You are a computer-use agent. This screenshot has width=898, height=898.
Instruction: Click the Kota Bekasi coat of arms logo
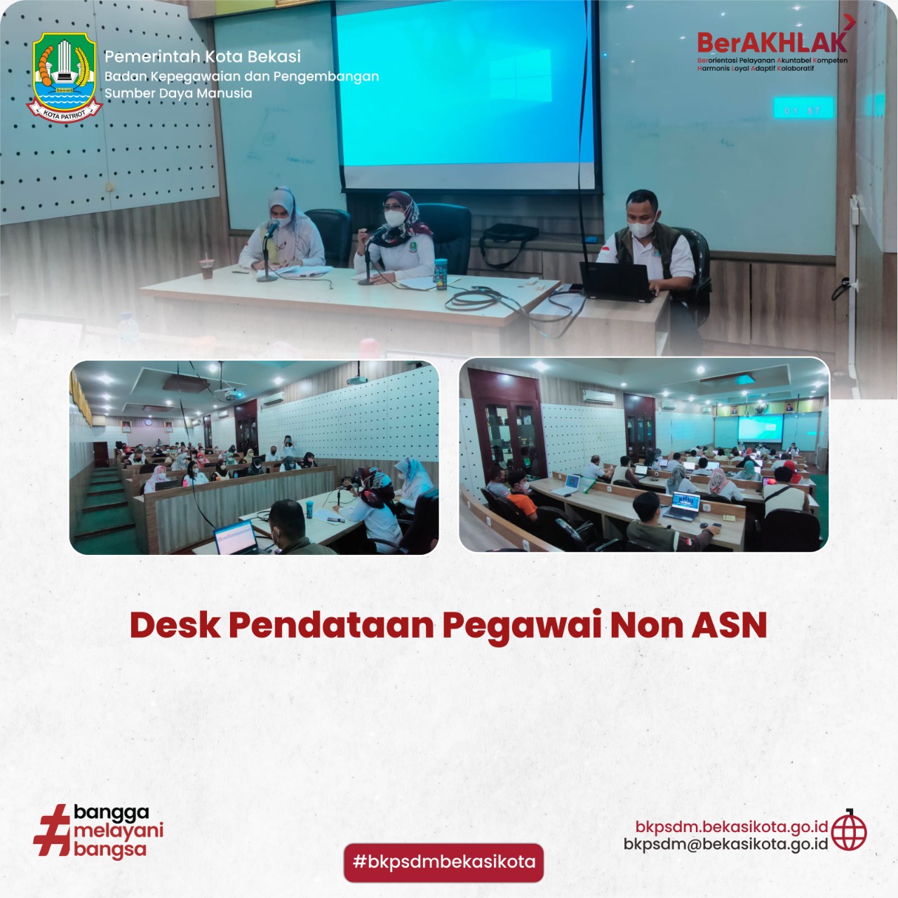pyautogui.click(x=65, y=77)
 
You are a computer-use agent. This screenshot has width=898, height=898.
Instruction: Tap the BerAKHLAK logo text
pyautogui.click(x=772, y=43)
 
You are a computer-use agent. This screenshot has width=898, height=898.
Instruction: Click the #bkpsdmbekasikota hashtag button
pyautogui.click(x=443, y=862)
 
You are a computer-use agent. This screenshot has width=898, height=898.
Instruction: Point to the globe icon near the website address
pyautogui.click(x=849, y=833)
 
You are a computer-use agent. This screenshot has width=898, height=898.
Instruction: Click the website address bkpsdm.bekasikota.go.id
pyautogui.click(x=732, y=826)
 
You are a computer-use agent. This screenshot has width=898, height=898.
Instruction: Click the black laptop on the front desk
pyautogui.click(x=616, y=281)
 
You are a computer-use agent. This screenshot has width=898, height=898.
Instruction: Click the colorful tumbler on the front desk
pyautogui.click(x=441, y=274)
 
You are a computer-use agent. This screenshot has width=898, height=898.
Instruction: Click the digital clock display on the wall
pyautogui.click(x=803, y=108)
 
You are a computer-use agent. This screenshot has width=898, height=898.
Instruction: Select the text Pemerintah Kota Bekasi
pyautogui.click(x=202, y=56)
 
